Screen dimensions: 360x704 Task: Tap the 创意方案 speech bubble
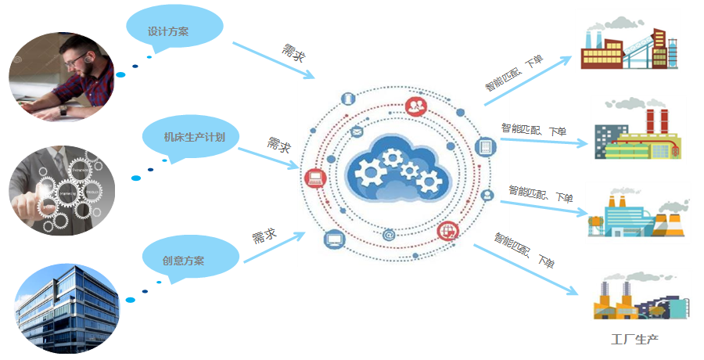183,259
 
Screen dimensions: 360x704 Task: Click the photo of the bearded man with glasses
62,75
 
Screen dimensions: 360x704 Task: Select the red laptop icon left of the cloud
315,178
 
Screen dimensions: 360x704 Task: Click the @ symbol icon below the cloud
389,234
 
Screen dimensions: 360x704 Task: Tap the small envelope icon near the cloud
357,131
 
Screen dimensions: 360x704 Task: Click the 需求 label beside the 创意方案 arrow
264,236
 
